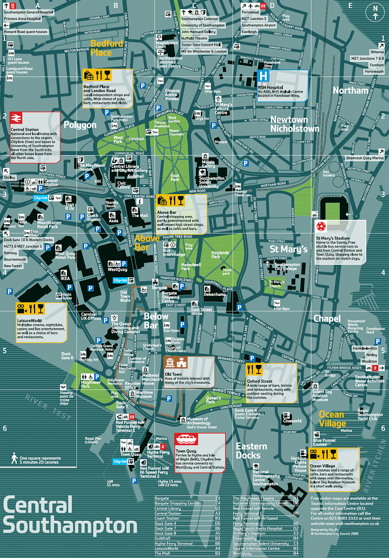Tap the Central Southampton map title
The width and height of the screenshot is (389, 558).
[x=70, y=514]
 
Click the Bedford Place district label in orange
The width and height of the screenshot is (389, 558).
[x=109, y=47]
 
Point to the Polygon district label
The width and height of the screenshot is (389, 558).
[x=80, y=124]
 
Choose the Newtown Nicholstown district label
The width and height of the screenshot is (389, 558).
[x=295, y=124]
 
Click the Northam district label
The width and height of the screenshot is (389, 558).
[x=350, y=90]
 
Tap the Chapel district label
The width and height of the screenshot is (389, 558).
[x=326, y=319]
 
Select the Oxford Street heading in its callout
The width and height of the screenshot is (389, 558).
[x=260, y=381]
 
